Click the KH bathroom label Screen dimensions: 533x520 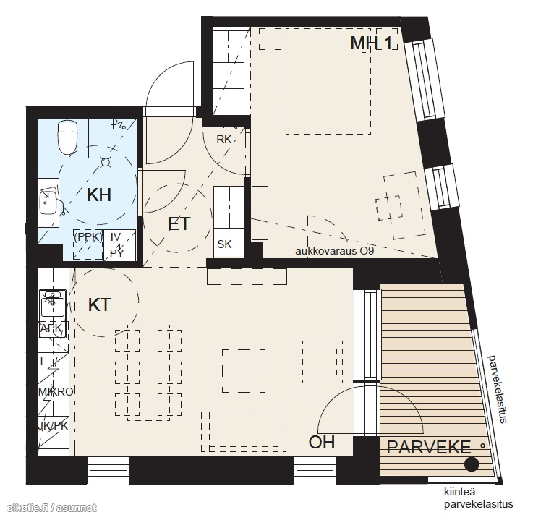pos(99,195)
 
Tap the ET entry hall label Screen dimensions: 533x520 pos(179,224)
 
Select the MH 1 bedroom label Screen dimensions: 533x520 pos(372,43)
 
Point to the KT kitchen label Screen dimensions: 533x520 pos(99,305)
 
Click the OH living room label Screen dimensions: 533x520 pos(322,442)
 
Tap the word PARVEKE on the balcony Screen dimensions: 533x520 pos(429,447)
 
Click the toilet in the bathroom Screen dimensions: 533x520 pos(68,137)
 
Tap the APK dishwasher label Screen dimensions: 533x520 pos(51,328)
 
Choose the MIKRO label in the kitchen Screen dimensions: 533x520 pos(56,392)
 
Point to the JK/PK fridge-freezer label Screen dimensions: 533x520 pos(53,426)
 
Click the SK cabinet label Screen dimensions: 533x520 pos(224,244)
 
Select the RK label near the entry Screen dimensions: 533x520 pos(224,140)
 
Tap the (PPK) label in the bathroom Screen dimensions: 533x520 pos(88,237)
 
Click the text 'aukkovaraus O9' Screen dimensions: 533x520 pos(335,251)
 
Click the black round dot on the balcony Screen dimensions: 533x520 pos(472,464)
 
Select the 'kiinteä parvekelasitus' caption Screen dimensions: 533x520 pos(479,498)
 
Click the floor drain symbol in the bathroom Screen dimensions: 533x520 pos(106,163)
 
